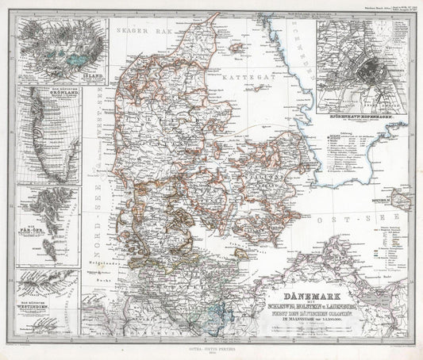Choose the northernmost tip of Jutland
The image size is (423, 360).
pyautogui.click(x=208, y=32)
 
